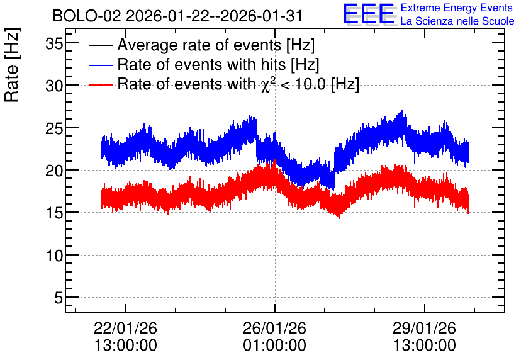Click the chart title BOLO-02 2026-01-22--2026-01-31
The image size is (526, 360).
177,16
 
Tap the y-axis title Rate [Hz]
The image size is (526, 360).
12,65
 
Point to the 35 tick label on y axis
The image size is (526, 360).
54,43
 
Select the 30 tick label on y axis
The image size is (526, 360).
54,86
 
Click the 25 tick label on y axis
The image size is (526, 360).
54,128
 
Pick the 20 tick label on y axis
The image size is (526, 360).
54,171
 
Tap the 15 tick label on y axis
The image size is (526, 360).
54,213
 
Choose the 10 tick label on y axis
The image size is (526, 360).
54,256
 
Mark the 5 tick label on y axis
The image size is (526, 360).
59,298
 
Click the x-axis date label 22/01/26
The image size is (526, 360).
125,328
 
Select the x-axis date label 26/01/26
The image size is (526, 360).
275,328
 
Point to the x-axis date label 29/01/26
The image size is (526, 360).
424,328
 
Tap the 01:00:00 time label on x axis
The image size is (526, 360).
275,346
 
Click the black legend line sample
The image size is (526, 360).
100,45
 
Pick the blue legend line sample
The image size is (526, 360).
100,65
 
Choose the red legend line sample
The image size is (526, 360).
100,84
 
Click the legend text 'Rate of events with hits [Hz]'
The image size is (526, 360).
218,65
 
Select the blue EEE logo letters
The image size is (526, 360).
369,14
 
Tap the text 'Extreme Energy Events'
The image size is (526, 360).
457,8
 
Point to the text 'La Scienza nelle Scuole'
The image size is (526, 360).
457,21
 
